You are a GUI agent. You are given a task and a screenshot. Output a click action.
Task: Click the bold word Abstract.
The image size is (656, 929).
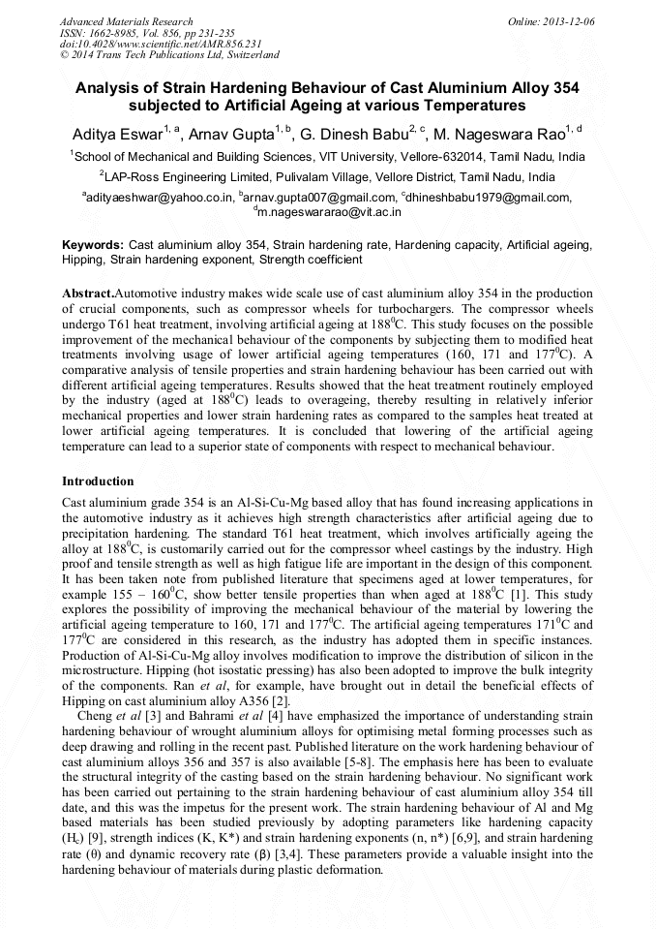pyautogui.click(x=87, y=294)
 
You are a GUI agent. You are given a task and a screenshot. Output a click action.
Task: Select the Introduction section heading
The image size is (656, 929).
pyautogui.click(x=98, y=481)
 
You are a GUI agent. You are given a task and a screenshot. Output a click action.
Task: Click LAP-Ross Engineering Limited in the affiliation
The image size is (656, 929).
pyautogui.click(x=185, y=177)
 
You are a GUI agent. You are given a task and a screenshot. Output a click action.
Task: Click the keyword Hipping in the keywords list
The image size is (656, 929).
pyautogui.click(x=83, y=261)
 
